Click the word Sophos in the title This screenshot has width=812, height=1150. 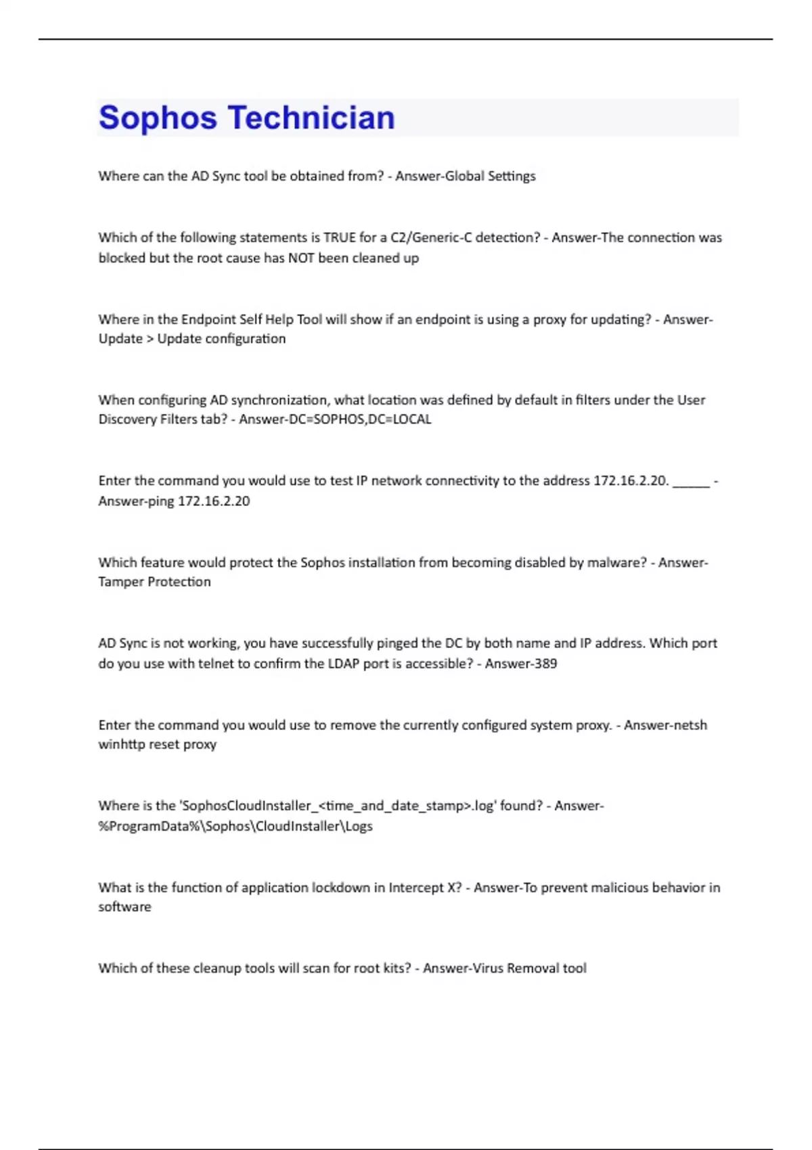click(x=158, y=118)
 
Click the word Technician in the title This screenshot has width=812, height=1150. click(x=311, y=118)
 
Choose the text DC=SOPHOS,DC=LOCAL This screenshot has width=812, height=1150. click(x=372, y=419)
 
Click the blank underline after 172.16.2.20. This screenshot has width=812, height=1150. click(x=691, y=482)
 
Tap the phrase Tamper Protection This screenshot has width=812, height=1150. click(x=154, y=582)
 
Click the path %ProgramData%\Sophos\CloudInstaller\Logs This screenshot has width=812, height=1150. click(x=235, y=826)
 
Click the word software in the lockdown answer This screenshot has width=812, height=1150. click(x=125, y=907)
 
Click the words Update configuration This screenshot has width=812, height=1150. click(x=221, y=339)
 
